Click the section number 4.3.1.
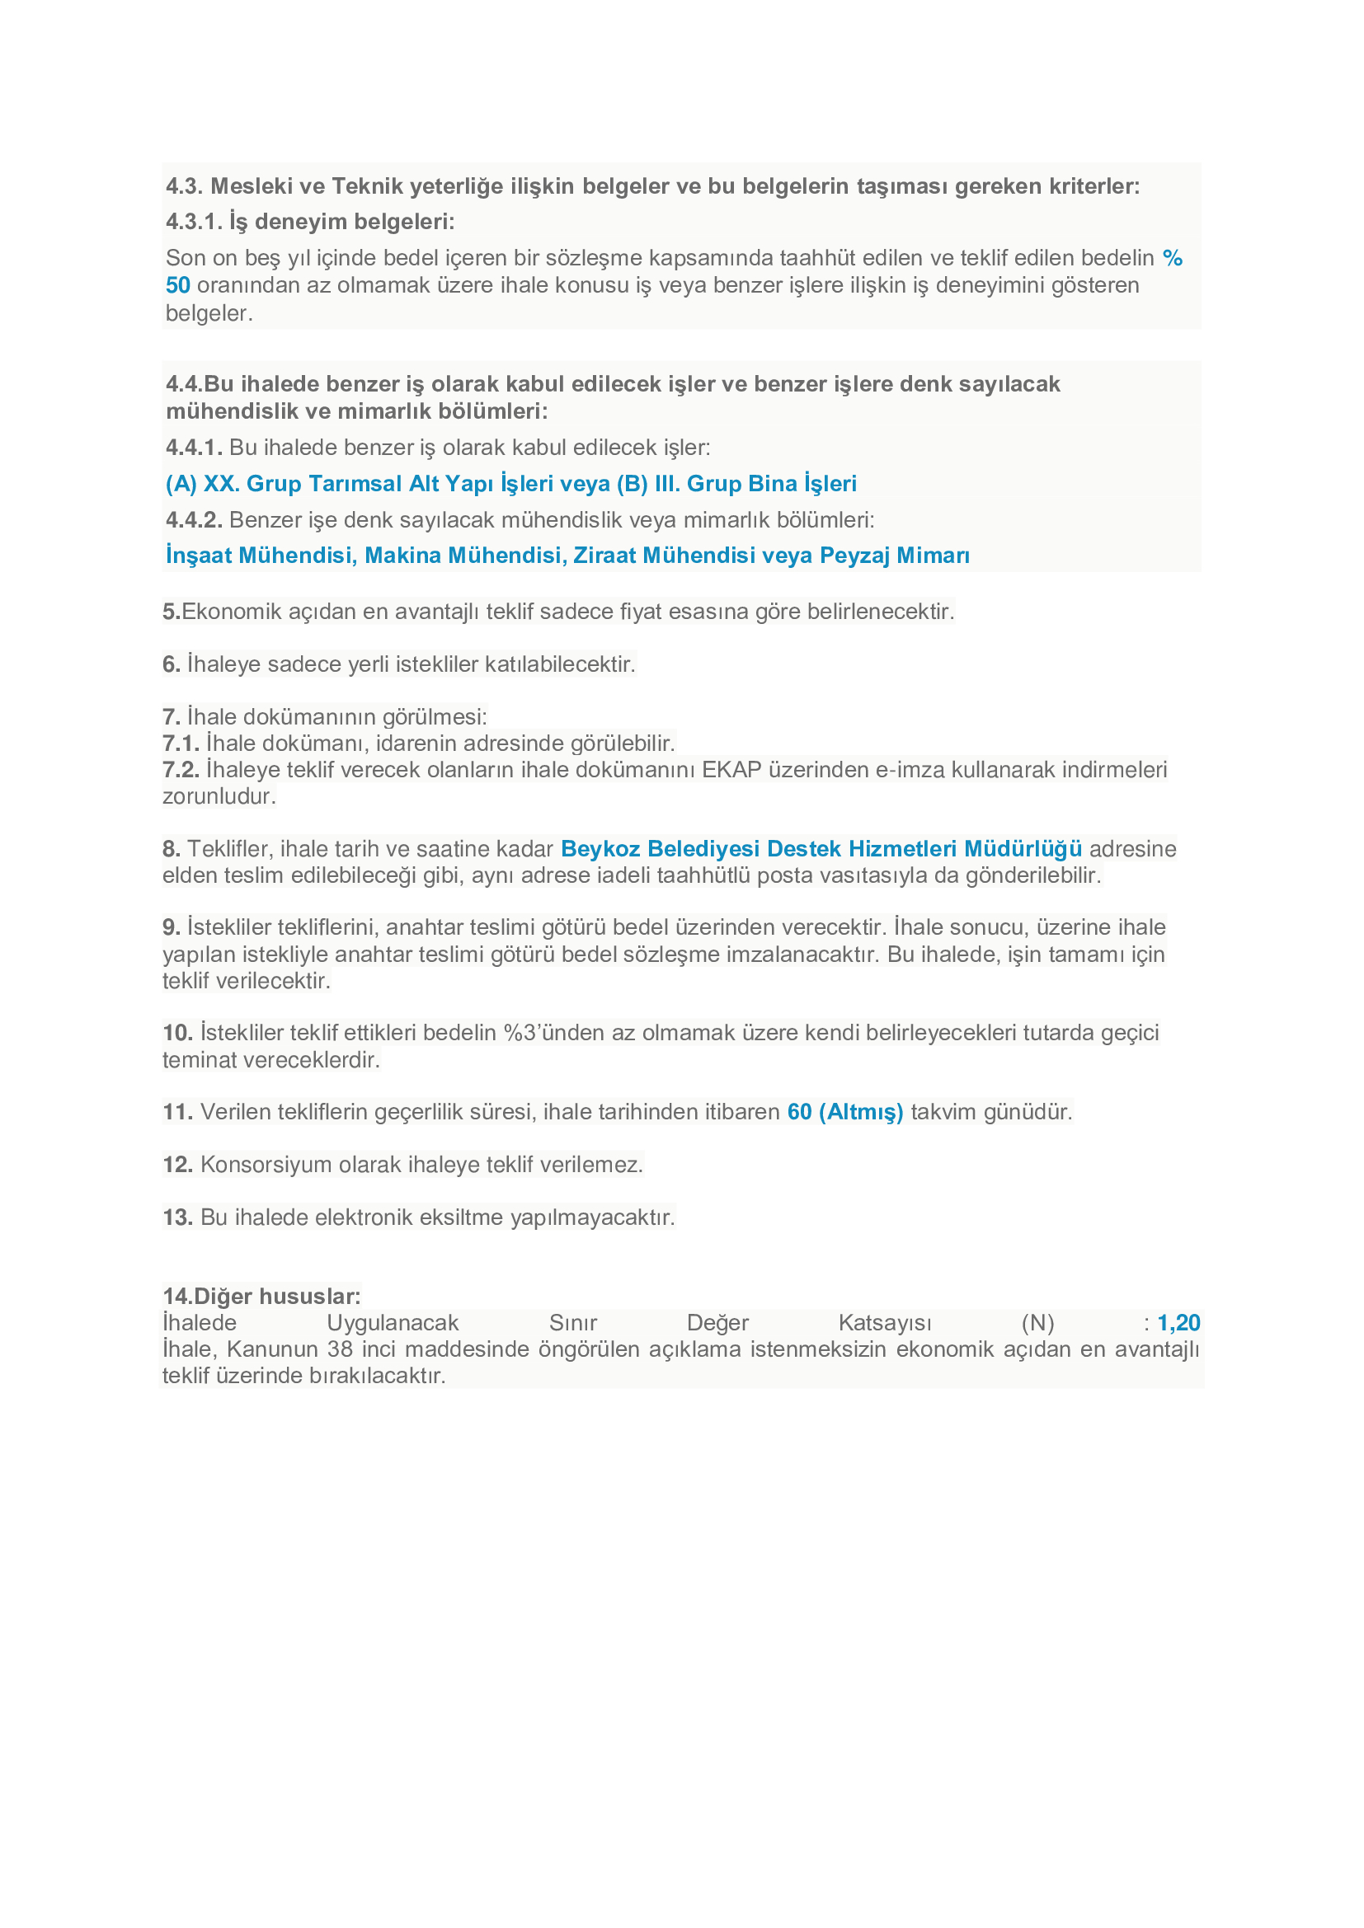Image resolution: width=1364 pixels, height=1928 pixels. click(x=193, y=222)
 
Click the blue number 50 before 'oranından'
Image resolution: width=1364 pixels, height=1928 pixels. click(x=178, y=285)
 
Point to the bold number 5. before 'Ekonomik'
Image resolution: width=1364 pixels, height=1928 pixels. click(x=172, y=612)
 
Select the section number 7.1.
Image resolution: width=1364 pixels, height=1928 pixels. click(x=181, y=744)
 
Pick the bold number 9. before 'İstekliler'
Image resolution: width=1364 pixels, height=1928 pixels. click(x=172, y=927)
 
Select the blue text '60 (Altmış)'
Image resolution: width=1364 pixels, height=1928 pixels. click(x=845, y=1113)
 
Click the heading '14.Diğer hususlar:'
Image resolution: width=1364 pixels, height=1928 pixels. click(x=261, y=1297)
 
